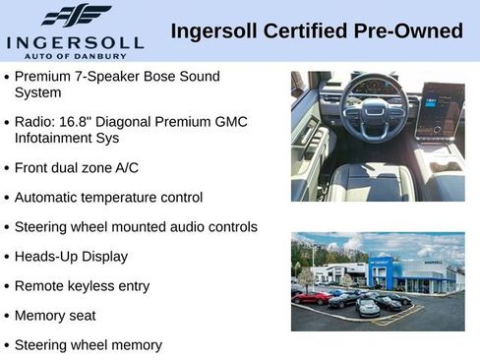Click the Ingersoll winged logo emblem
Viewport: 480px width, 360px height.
coord(76,15)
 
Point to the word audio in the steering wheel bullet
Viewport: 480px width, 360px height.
coord(186,226)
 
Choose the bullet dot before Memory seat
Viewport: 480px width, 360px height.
coord(7,316)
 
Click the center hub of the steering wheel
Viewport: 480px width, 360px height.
coord(375,118)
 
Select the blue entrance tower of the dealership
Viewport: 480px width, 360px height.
coord(381,272)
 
